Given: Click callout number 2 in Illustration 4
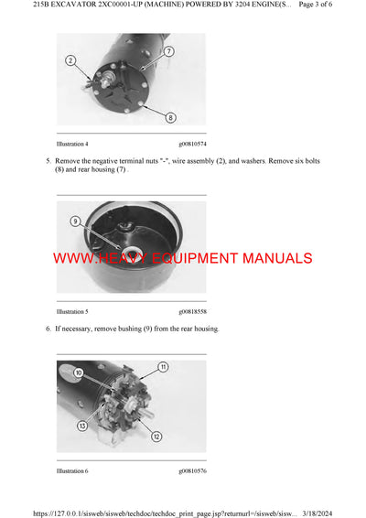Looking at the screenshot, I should pos(70,60).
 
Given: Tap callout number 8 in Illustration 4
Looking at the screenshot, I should pos(170,116).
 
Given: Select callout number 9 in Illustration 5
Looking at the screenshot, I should pos(76,221).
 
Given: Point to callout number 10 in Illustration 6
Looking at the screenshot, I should pos(79,373).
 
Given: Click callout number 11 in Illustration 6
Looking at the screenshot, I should pos(163,366).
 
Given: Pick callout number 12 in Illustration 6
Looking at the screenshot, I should pos(156,436).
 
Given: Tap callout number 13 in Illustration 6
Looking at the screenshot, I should pos(81,426).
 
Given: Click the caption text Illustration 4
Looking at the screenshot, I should pos(72,144).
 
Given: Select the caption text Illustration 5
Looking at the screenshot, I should pos(72,311).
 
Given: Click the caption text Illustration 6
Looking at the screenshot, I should pos(72,471).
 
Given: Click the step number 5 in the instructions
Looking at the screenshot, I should pos(48,160).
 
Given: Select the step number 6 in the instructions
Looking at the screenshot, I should pos(48,328).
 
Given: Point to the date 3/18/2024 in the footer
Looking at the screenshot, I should pos(343,511).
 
